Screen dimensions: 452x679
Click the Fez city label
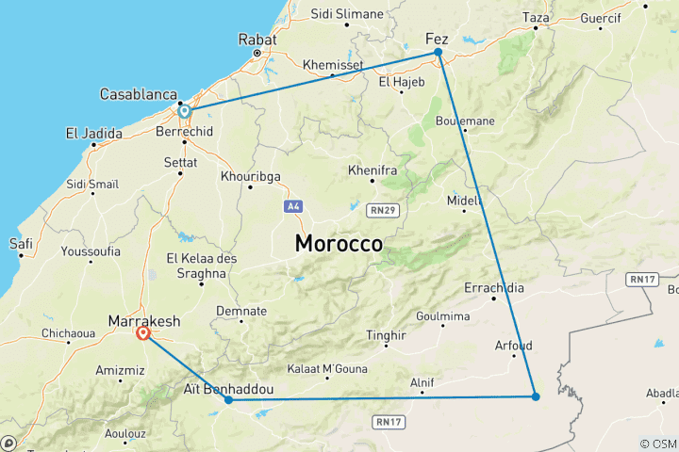(x=437, y=39)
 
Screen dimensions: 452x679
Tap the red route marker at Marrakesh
(x=143, y=332)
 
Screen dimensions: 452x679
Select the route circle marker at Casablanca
(x=185, y=111)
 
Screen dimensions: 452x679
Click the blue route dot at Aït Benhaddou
(x=229, y=400)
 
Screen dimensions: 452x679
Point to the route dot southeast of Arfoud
(x=536, y=396)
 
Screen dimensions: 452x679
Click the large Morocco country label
(x=339, y=243)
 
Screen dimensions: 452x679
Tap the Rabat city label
(x=257, y=40)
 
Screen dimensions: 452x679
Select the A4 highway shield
(x=292, y=205)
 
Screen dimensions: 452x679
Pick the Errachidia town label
(x=494, y=287)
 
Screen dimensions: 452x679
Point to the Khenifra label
(x=372, y=170)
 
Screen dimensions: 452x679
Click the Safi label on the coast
(x=21, y=244)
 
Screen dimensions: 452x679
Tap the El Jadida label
(x=93, y=134)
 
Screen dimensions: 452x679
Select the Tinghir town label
(x=385, y=334)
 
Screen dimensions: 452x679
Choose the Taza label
(x=536, y=17)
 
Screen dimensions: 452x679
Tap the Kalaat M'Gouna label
(x=326, y=367)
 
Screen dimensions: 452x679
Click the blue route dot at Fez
(x=439, y=53)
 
